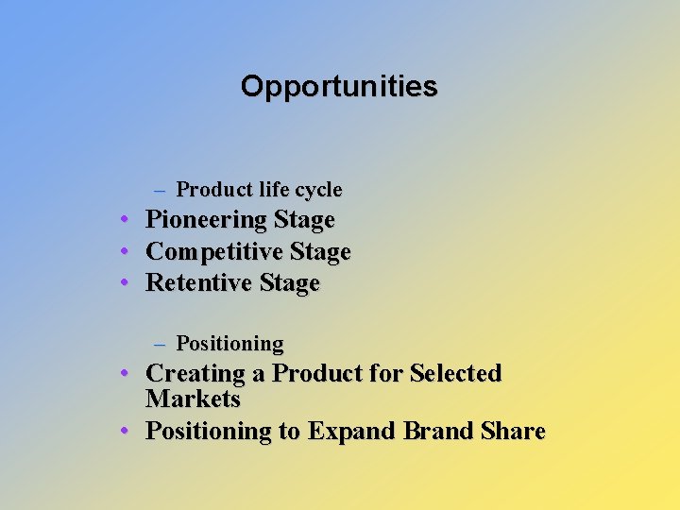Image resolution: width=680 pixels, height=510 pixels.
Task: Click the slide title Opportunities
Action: click(339, 86)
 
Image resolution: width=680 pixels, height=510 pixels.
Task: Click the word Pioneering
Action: click(206, 221)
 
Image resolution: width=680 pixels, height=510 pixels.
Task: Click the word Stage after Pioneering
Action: click(304, 220)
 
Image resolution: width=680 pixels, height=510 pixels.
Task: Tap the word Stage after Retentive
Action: click(289, 283)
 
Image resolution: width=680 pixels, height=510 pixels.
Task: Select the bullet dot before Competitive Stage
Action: click(125, 252)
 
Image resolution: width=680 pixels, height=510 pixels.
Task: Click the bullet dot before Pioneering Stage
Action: click(125, 220)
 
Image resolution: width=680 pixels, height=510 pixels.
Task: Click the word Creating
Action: click(194, 374)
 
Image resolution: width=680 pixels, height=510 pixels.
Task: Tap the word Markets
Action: click(193, 399)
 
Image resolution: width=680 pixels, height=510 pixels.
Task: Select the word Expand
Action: click(351, 433)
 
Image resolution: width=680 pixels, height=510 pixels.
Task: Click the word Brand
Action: click(438, 432)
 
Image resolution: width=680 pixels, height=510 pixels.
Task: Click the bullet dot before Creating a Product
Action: click(125, 374)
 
